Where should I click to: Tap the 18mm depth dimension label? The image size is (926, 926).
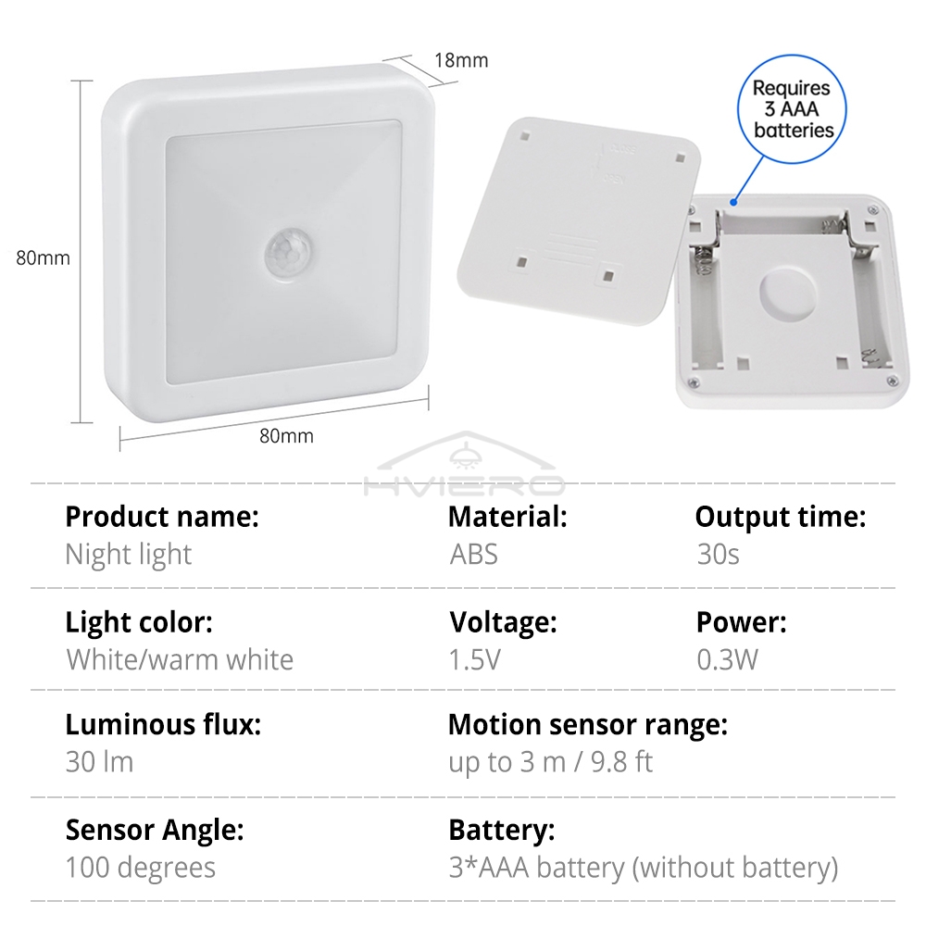(460, 61)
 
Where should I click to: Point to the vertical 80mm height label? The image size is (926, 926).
(43, 258)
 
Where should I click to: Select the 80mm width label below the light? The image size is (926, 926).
(286, 435)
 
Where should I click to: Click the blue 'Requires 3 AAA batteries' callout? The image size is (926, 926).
(792, 109)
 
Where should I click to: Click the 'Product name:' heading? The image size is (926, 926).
(162, 517)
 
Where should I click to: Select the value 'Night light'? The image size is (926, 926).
(128, 555)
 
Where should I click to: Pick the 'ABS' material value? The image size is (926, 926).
(473, 555)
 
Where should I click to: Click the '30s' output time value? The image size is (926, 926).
(718, 555)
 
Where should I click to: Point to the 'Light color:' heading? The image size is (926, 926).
(139, 622)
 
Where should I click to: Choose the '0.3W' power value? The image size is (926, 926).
(727, 660)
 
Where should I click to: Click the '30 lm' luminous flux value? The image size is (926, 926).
(99, 762)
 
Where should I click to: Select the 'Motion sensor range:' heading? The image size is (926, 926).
(587, 724)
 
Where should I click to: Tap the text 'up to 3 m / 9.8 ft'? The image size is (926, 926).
(550, 762)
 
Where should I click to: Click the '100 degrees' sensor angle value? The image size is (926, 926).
(140, 868)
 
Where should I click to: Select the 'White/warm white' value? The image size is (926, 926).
(180, 660)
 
